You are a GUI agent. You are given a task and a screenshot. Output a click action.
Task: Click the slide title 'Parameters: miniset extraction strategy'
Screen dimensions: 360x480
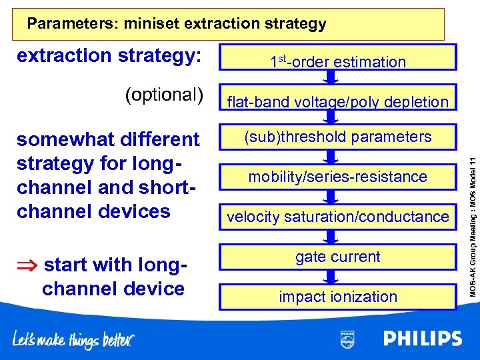[177, 25]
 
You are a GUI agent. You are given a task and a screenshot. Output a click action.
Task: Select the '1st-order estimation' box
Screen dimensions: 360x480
[338, 61]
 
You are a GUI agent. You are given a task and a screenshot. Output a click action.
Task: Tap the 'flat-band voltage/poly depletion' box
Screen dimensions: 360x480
[338, 101]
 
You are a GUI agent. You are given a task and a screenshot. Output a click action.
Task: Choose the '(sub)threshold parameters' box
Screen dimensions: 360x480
[338, 137]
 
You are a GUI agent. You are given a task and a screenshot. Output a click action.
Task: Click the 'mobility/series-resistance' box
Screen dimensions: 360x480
[338, 177]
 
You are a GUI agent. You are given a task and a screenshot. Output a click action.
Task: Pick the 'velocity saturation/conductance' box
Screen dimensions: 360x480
[338, 217]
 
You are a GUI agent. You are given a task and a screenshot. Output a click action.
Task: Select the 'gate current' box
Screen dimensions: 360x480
[338, 257]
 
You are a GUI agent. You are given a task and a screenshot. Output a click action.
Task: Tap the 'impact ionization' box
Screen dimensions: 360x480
[338, 296]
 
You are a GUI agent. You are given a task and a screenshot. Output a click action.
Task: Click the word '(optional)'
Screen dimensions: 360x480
[163, 95]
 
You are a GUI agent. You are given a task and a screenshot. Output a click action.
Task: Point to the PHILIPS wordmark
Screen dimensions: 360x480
[422, 339]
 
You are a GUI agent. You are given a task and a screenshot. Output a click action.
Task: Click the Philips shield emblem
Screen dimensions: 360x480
[347, 339]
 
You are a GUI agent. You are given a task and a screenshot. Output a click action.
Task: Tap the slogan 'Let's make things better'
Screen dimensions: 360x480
[73, 340]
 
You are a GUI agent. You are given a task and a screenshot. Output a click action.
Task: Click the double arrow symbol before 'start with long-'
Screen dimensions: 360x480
[27, 265]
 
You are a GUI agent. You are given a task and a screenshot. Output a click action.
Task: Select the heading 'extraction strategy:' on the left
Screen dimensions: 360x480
[109, 55]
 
